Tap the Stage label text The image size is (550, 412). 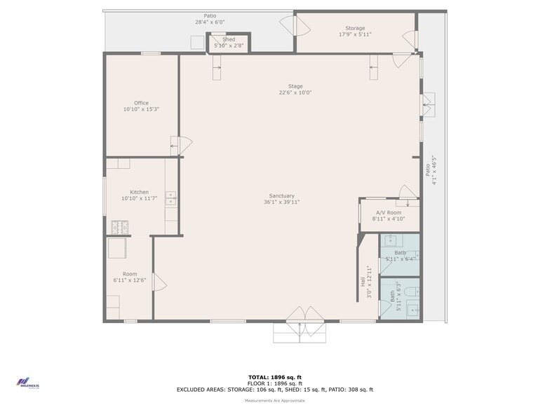pyautogui.click(x=295, y=86)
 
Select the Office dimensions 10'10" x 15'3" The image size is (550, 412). pyautogui.click(x=141, y=109)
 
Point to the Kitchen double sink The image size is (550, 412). pyautogui.click(x=170, y=198)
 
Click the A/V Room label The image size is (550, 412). pyautogui.click(x=388, y=212)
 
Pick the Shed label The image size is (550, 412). pyautogui.click(x=229, y=40)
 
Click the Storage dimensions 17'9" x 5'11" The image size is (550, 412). pyautogui.click(x=355, y=34)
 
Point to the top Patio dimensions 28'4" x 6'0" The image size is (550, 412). pyautogui.click(x=210, y=22)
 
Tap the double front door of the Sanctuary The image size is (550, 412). pyautogui.click(x=300, y=315)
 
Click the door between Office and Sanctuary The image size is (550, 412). pyautogui.click(x=182, y=146)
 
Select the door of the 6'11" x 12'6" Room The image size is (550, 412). pyautogui.click(x=159, y=282)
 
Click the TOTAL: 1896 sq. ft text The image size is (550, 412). pyautogui.click(x=274, y=377)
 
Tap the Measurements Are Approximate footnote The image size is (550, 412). pyautogui.click(x=274, y=400)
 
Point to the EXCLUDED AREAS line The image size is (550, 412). pyautogui.click(x=274, y=389)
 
